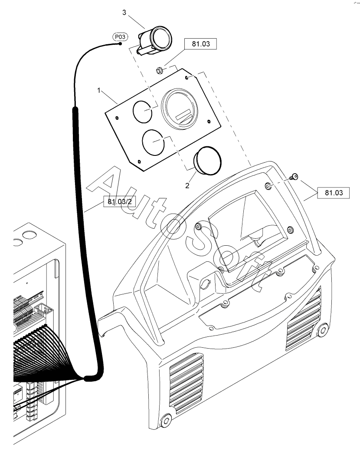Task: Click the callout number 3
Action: tap(124, 13)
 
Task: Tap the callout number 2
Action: tap(187, 185)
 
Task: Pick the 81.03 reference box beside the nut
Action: tap(200, 44)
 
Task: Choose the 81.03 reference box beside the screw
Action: tap(333, 192)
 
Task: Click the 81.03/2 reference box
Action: tap(119, 202)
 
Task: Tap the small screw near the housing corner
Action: tap(294, 176)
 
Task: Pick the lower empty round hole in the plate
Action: tap(153, 141)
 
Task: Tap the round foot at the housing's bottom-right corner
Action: tap(322, 330)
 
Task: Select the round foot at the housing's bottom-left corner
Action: tap(166, 420)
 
